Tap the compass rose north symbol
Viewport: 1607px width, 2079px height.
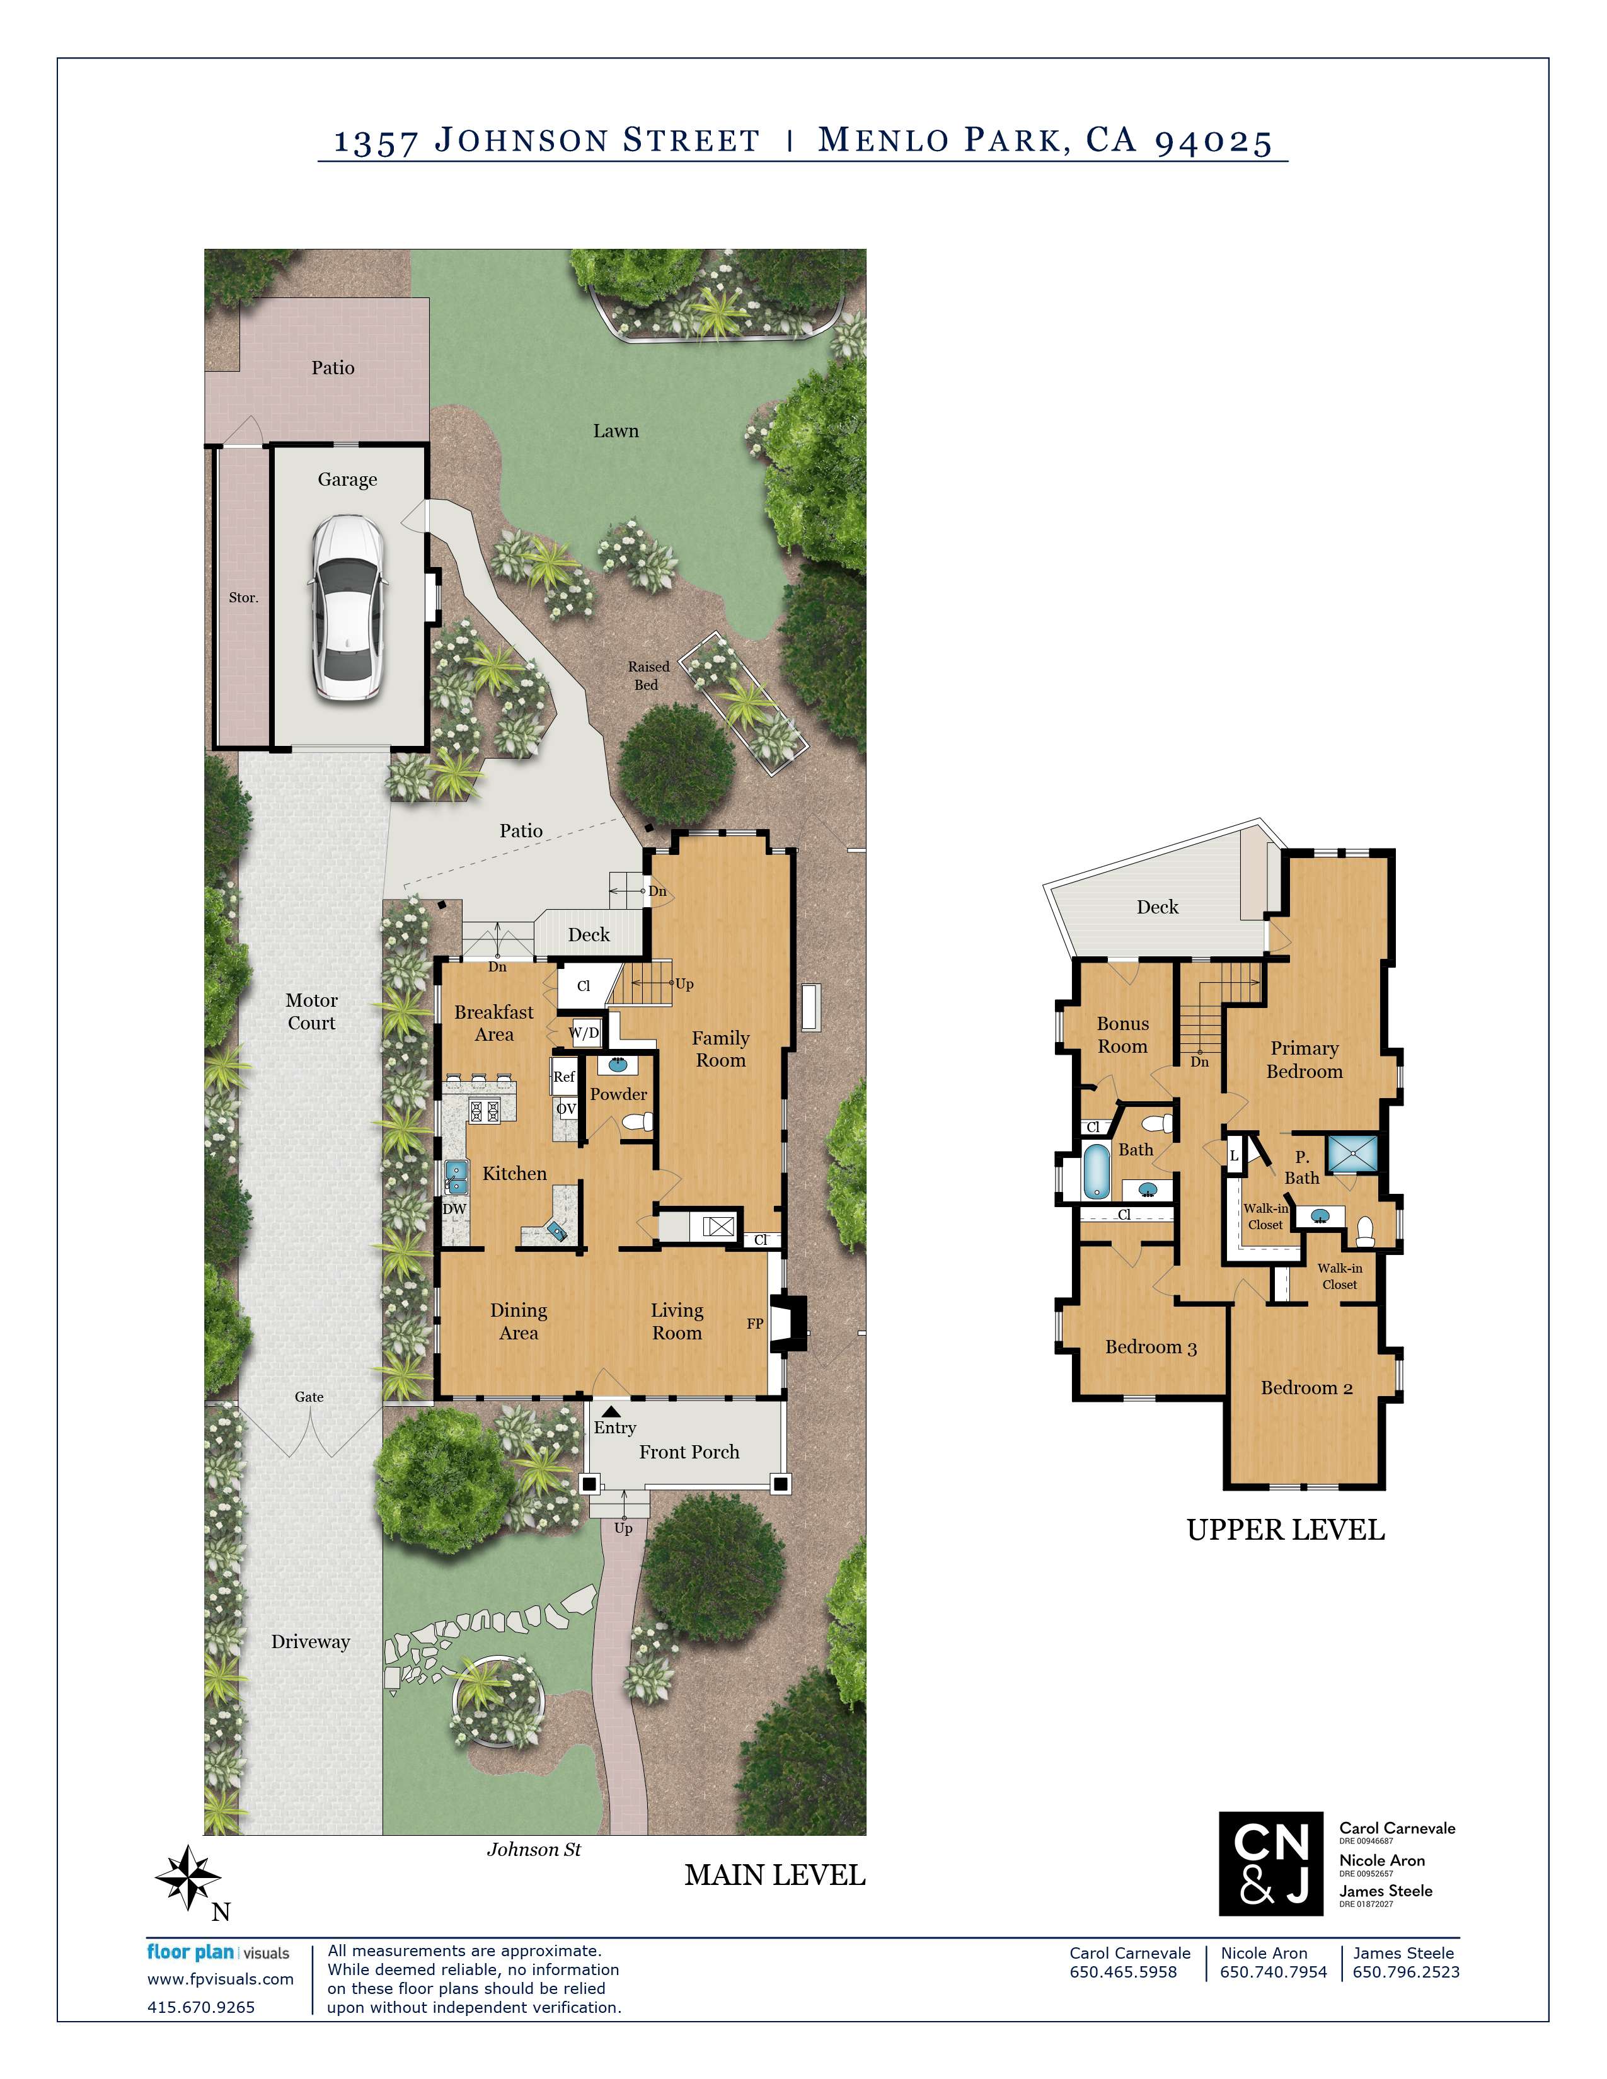pyautogui.click(x=188, y=1877)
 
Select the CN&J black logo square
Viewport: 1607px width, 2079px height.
pyautogui.click(x=1270, y=1863)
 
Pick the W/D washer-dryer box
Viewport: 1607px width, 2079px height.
pyautogui.click(x=585, y=1033)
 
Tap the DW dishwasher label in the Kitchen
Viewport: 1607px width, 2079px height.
pyautogui.click(x=455, y=1209)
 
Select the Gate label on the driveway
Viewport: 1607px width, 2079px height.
pyautogui.click(x=308, y=1397)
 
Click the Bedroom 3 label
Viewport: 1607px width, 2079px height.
pyautogui.click(x=1150, y=1347)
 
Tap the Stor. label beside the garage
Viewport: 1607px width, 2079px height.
pyautogui.click(x=243, y=598)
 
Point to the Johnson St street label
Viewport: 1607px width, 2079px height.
pyautogui.click(x=533, y=1850)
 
